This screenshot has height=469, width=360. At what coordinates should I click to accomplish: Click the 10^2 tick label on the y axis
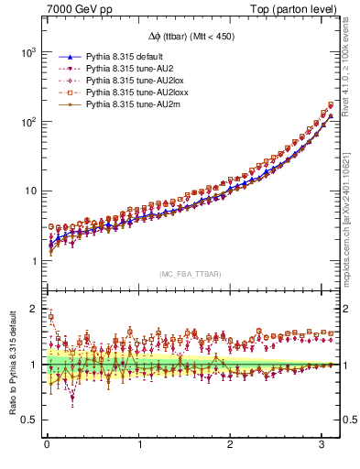[x=28, y=122]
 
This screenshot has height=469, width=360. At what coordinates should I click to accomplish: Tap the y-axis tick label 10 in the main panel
[x=30, y=191]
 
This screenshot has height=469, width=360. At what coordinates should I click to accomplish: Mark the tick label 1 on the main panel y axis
[x=34, y=261]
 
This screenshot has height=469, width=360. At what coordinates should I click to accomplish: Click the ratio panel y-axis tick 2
[x=34, y=309]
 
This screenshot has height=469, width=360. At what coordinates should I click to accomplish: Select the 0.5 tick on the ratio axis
[x=29, y=420]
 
